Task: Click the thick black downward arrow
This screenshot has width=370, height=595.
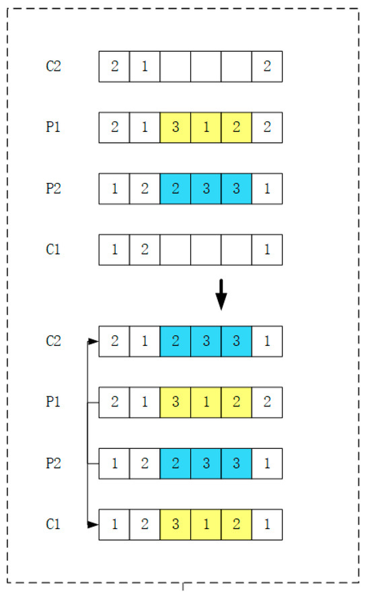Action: [221, 295]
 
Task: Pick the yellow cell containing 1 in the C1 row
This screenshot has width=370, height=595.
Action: [206, 524]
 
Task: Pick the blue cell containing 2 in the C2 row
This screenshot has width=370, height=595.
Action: [175, 341]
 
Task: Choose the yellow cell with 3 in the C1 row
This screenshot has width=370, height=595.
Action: [175, 524]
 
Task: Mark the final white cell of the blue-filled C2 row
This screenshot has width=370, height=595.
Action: [267, 341]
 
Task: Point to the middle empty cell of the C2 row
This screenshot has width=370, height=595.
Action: [206, 67]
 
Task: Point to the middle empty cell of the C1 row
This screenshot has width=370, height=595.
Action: [206, 250]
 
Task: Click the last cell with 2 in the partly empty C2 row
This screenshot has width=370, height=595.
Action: [267, 67]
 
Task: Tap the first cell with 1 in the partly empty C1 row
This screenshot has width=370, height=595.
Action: [114, 250]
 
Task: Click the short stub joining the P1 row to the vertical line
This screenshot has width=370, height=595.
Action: [94, 403]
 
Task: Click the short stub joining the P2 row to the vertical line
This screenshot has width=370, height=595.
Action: [94, 464]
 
